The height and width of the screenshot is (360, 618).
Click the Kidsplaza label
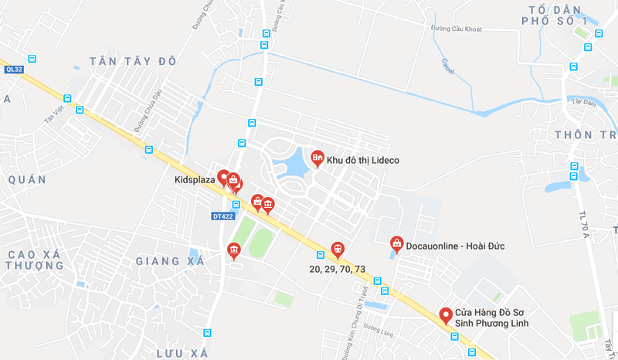(195, 180)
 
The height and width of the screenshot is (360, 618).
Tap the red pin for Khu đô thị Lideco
(317, 158)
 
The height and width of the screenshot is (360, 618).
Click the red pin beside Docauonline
(396, 243)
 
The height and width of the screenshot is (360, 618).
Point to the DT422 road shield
(222, 216)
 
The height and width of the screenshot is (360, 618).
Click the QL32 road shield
(13, 69)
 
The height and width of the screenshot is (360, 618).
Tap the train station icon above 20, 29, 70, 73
(337, 249)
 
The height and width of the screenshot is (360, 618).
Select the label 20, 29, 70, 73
(337, 269)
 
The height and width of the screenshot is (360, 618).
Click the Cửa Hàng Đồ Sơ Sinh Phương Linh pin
(445, 315)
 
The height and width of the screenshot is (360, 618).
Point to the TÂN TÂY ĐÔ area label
(133, 61)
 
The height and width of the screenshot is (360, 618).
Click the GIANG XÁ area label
(169, 261)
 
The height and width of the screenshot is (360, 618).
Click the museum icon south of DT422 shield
(233, 250)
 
